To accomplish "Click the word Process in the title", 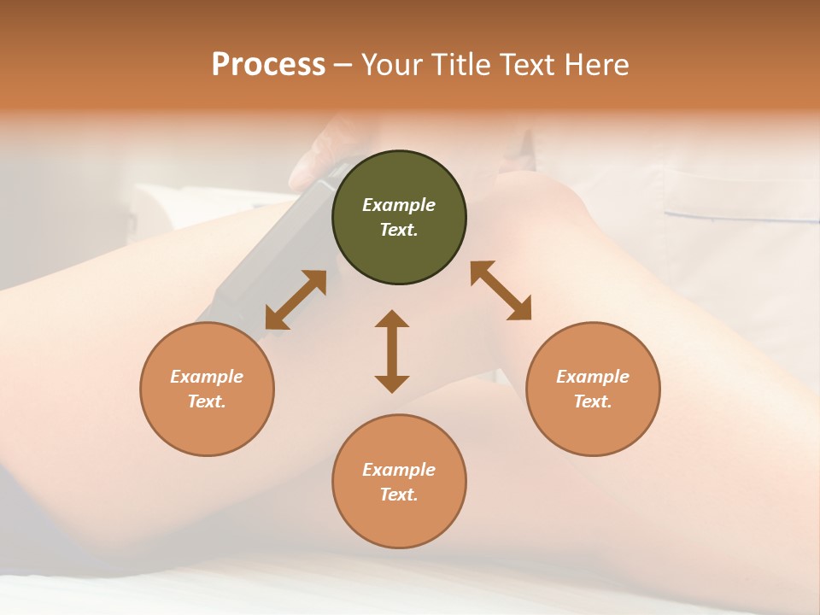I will (268, 65).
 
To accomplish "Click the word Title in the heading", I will (460, 65).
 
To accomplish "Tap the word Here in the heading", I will (595, 65).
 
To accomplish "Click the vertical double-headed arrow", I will (392, 351).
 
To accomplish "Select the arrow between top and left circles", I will (296, 300).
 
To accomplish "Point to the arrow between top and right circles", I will (501, 290).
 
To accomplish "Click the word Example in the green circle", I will (399, 205).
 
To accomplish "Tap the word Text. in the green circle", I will (399, 230).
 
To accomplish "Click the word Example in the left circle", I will (207, 377).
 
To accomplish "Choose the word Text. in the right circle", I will (593, 401).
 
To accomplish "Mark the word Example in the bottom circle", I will (399, 470).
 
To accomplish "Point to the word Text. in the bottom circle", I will (399, 495).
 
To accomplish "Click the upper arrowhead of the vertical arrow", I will (392, 319).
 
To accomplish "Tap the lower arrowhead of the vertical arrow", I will (392, 384).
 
